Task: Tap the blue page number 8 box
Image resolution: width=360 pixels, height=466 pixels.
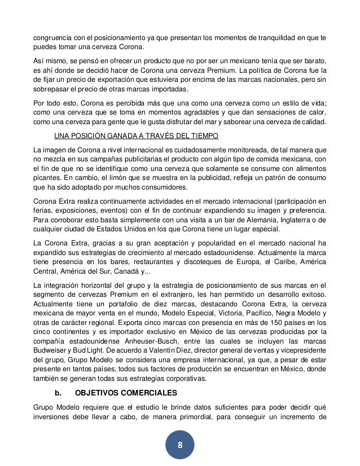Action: coord(180,445)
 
